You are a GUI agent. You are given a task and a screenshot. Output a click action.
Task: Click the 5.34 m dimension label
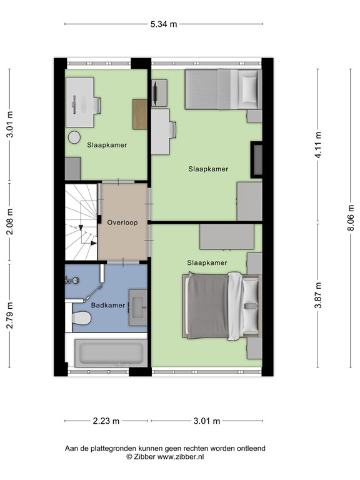pos(163,24)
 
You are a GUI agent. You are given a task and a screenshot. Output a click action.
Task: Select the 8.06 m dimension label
pos(351,218)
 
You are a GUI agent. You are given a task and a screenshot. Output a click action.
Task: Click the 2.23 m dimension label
pos(106,421)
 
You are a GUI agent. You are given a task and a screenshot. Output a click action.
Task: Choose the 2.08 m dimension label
pos(9,221)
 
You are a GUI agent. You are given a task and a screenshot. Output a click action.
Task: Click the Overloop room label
pos(122,222)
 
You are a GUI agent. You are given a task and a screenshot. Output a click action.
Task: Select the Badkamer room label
pos(108,306)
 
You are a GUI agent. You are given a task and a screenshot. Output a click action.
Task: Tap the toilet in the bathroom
pos(80,318)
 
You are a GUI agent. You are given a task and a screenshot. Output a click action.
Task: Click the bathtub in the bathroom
pos(109,353)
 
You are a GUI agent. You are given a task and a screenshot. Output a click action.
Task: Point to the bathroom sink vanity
pos(137,307)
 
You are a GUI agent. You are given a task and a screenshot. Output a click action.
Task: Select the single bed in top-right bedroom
pos(222,89)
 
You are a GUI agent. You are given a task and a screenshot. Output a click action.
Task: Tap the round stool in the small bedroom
pos(74,138)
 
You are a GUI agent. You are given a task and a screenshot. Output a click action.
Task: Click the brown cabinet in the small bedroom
pos(140,114)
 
